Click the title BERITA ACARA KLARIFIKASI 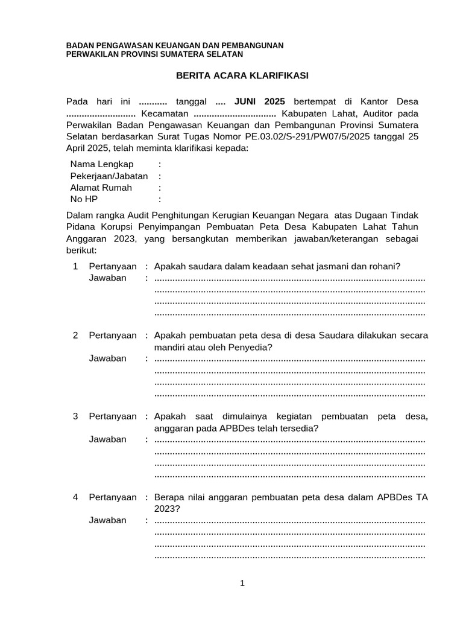coord(242,75)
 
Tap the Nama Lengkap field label coord(102,164)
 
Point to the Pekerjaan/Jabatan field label coord(109,176)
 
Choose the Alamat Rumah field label coord(101,188)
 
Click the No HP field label coord(83,199)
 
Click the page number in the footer coord(242,583)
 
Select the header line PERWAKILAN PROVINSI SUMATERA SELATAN coord(154,54)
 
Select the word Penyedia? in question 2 coord(252,347)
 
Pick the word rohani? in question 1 coord(385,266)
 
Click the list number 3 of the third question coord(75,416)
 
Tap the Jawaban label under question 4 coord(108,520)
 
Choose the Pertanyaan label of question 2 coord(113,335)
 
